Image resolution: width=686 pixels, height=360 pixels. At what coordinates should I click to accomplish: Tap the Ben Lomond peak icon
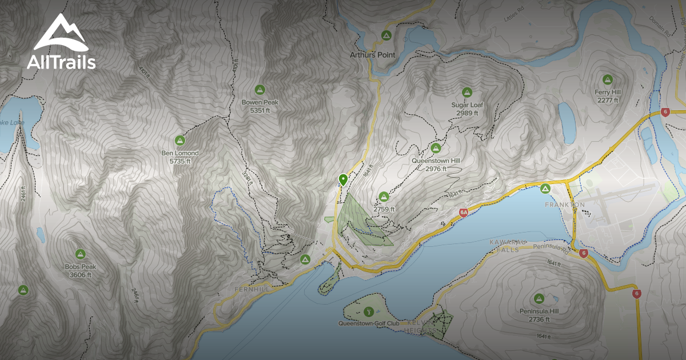click(180, 140)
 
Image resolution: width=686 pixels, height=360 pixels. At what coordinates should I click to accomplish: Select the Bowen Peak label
click(260, 102)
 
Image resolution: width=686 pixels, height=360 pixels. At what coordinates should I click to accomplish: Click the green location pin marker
click(343, 179)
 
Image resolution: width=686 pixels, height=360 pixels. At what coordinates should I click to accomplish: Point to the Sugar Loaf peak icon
click(466, 92)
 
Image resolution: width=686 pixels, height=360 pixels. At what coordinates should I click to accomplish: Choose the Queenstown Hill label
click(436, 161)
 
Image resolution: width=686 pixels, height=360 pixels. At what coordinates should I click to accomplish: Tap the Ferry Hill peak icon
click(607, 79)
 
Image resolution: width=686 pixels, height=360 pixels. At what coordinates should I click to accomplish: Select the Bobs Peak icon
click(80, 254)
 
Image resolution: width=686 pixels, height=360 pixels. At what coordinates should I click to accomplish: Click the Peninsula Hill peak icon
click(539, 298)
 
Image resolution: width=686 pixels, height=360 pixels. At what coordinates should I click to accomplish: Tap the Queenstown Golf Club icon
click(369, 312)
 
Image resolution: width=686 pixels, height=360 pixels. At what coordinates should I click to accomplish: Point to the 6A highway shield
click(464, 213)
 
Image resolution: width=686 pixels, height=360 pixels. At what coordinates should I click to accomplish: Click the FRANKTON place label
click(564, 205)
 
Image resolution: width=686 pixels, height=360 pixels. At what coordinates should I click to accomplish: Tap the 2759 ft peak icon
click(384, 197)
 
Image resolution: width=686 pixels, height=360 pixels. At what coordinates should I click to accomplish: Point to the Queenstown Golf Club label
click(369, 323)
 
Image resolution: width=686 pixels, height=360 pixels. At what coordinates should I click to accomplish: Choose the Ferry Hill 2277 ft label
click(607, 96)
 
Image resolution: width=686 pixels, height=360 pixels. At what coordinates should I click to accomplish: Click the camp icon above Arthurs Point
click(386, 36)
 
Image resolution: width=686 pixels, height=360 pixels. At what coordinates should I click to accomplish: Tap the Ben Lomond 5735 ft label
click(180, 157)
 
